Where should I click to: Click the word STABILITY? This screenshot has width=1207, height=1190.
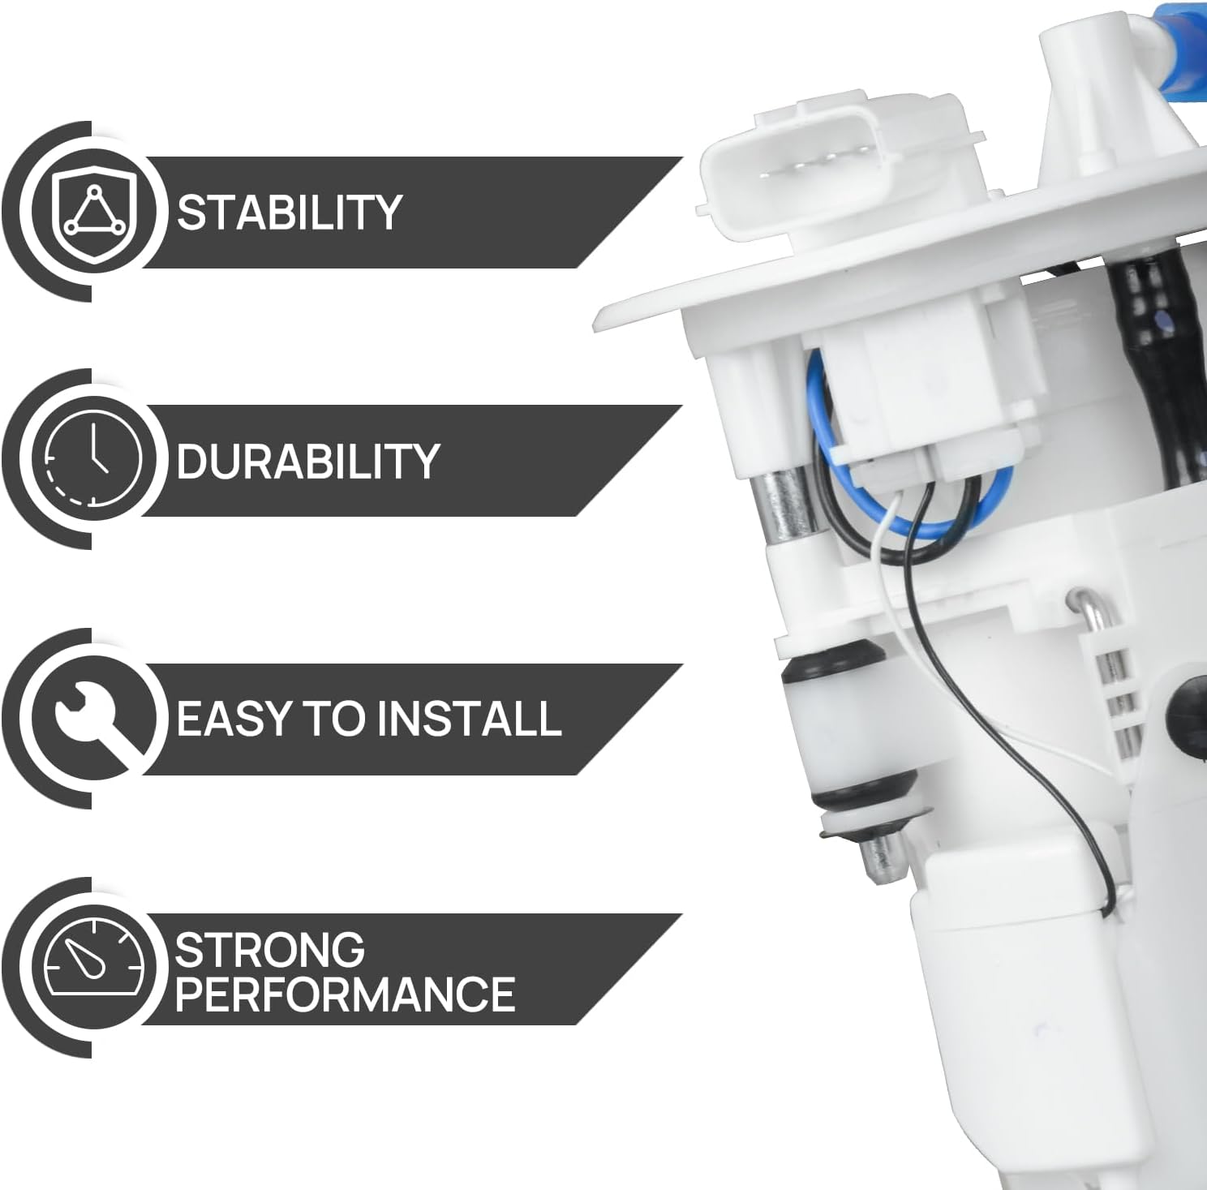pyautogui.click(x=290, y=212)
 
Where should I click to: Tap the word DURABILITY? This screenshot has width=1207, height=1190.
pyautogui.click(x=307, y=460)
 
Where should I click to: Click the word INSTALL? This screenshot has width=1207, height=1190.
pyautogui.click(x=469, y=718)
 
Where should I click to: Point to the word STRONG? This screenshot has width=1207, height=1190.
pyautogui.click(x=269, y=950)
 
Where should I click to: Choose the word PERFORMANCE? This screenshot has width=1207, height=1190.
pyautogui.click(x=345, y=994)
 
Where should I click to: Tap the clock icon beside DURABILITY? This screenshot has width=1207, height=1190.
pyautogui.click(x=92, y=460)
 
